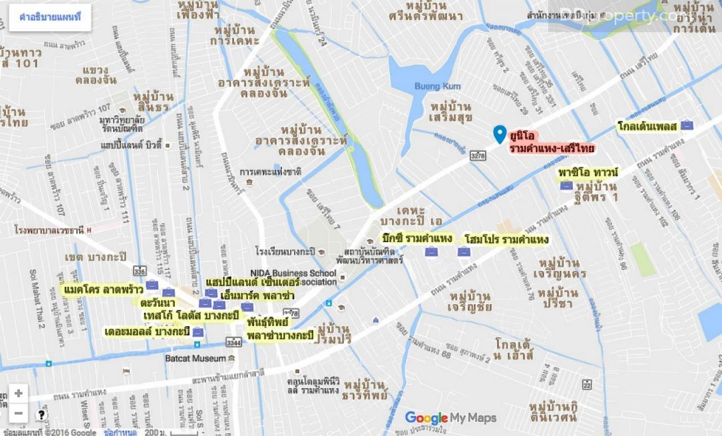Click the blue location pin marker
(500, 133)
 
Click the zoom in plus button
(18, 394)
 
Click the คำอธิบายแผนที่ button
(50, 18)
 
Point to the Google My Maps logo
(451, 418)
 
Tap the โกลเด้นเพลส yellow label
(647, 126)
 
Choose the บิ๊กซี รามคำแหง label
(416, 238)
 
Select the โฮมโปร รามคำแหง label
(506, 240)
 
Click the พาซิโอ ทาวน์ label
(588, 172)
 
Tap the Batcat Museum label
(195, 358)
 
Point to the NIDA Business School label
(293, 273)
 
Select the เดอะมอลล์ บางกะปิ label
(147, 332)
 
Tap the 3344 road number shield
(233, 342)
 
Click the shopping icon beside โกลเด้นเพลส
(687, 125)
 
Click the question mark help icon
(41, 415)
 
